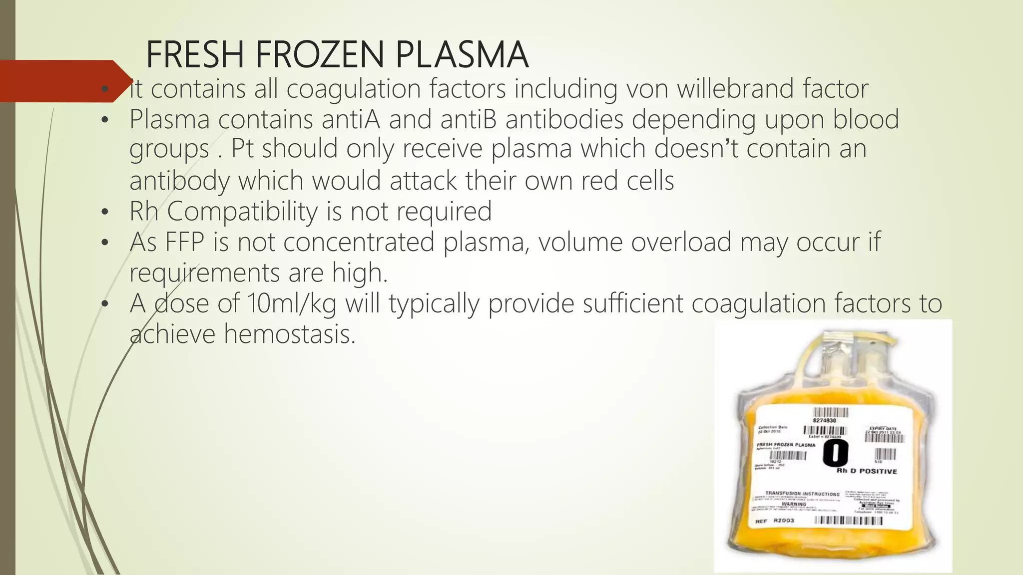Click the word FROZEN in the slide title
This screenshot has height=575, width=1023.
(x=320, y=54)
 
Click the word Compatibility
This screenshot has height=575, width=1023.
(x=242, y=211)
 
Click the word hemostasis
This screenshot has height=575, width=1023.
(x=289, y=334)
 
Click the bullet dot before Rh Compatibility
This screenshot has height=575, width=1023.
(x=104, y=212)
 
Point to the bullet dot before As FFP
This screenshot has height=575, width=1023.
(x=104, y=243)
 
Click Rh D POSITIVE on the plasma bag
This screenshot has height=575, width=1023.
(x=867, y=471)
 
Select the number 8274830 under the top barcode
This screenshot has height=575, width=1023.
(x=825, y=421)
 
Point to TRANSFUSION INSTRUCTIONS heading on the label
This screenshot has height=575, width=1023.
(x=802, y=494)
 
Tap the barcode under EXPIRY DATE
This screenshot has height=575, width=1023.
(x=884, y=438)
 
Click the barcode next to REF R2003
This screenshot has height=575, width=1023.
(x=848, y=521)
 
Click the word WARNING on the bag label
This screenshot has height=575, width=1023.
(x=794, y=504)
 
